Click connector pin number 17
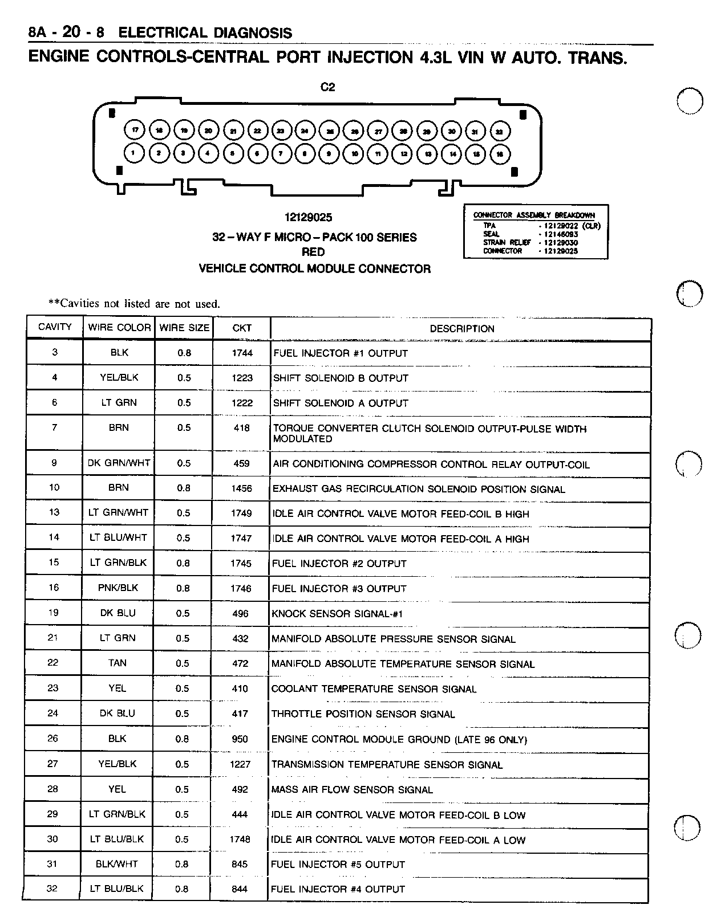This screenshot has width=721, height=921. (x=135, y=130)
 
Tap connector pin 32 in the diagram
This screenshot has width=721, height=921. (x=500, y=131)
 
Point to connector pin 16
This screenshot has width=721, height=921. (x=500, y=154)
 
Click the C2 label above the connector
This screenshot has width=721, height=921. (x=327, y=87)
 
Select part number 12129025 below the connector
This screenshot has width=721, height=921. (x=308, y=218)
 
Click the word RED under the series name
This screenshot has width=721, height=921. (x=313, y=252)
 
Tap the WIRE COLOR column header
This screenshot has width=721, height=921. (x=119, y=328)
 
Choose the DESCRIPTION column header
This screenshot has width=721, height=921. (x=461, y=329)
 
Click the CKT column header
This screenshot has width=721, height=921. (x=242, y=328)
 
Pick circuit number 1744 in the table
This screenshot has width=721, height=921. (x=242, y=353)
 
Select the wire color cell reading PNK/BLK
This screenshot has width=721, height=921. (x=118, y=588)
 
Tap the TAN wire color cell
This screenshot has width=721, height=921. (x=118, y=663)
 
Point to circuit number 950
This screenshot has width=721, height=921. (x=240, y=739)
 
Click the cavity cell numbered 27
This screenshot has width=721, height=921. (x=52, y=764)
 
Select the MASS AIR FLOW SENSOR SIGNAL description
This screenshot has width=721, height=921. (x=352, y=790)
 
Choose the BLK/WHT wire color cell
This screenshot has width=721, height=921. (x=117, y=864)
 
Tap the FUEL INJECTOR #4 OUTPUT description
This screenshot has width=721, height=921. (x=338, y=889)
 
